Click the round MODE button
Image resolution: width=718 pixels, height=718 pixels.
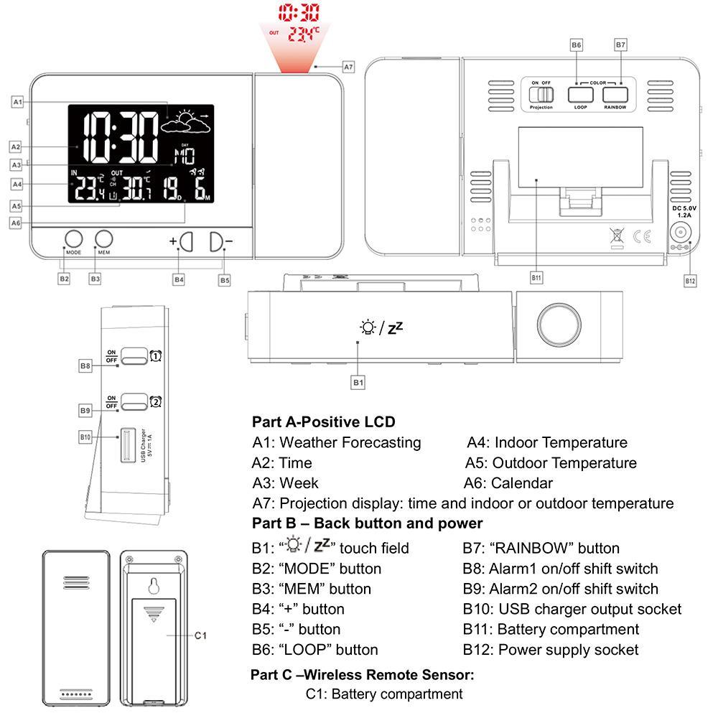[73, 240]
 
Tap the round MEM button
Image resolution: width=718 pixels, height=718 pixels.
[104, 240]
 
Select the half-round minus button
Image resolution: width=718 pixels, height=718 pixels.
[217, 242]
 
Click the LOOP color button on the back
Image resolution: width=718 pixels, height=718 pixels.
[580, 94]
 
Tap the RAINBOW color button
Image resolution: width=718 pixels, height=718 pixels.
[615, 94]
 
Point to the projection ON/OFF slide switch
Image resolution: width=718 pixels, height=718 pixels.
[541, 94]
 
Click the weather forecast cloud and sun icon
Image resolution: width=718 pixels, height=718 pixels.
[185, 123]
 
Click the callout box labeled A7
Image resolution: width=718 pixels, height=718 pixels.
[348, 67]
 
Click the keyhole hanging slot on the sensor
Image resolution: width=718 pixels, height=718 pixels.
[151, 587]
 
